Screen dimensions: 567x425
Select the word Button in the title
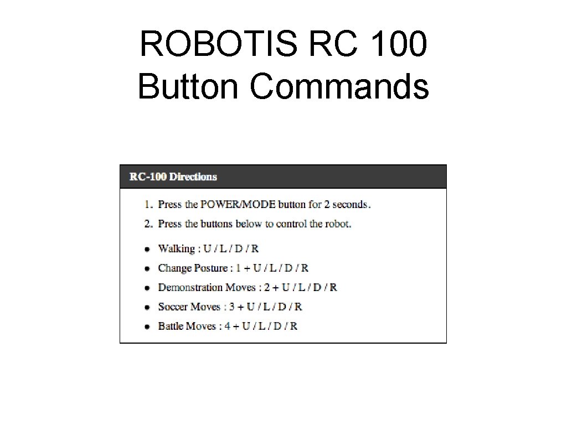(x=189, y=87)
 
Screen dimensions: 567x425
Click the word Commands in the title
(x=339, y=87)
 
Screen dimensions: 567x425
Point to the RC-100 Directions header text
(x=173, y=177)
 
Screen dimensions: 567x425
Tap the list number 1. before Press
(x=148, y=204)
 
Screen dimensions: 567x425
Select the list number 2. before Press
(x=148, y=224)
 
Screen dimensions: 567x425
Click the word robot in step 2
(x=338, y=224)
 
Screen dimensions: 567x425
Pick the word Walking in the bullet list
(x=176, y=249)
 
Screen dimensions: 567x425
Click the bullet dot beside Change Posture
(x=147, y=268)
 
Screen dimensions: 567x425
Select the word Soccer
(x=173, y=307)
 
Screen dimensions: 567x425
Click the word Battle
(x=171, y=326)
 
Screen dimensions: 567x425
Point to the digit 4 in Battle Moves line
(x=227, y=326)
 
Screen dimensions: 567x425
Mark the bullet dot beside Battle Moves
(x=147, y=326)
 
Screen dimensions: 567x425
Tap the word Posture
(x=210, y=268)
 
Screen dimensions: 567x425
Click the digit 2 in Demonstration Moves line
(x=267, y=287)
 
